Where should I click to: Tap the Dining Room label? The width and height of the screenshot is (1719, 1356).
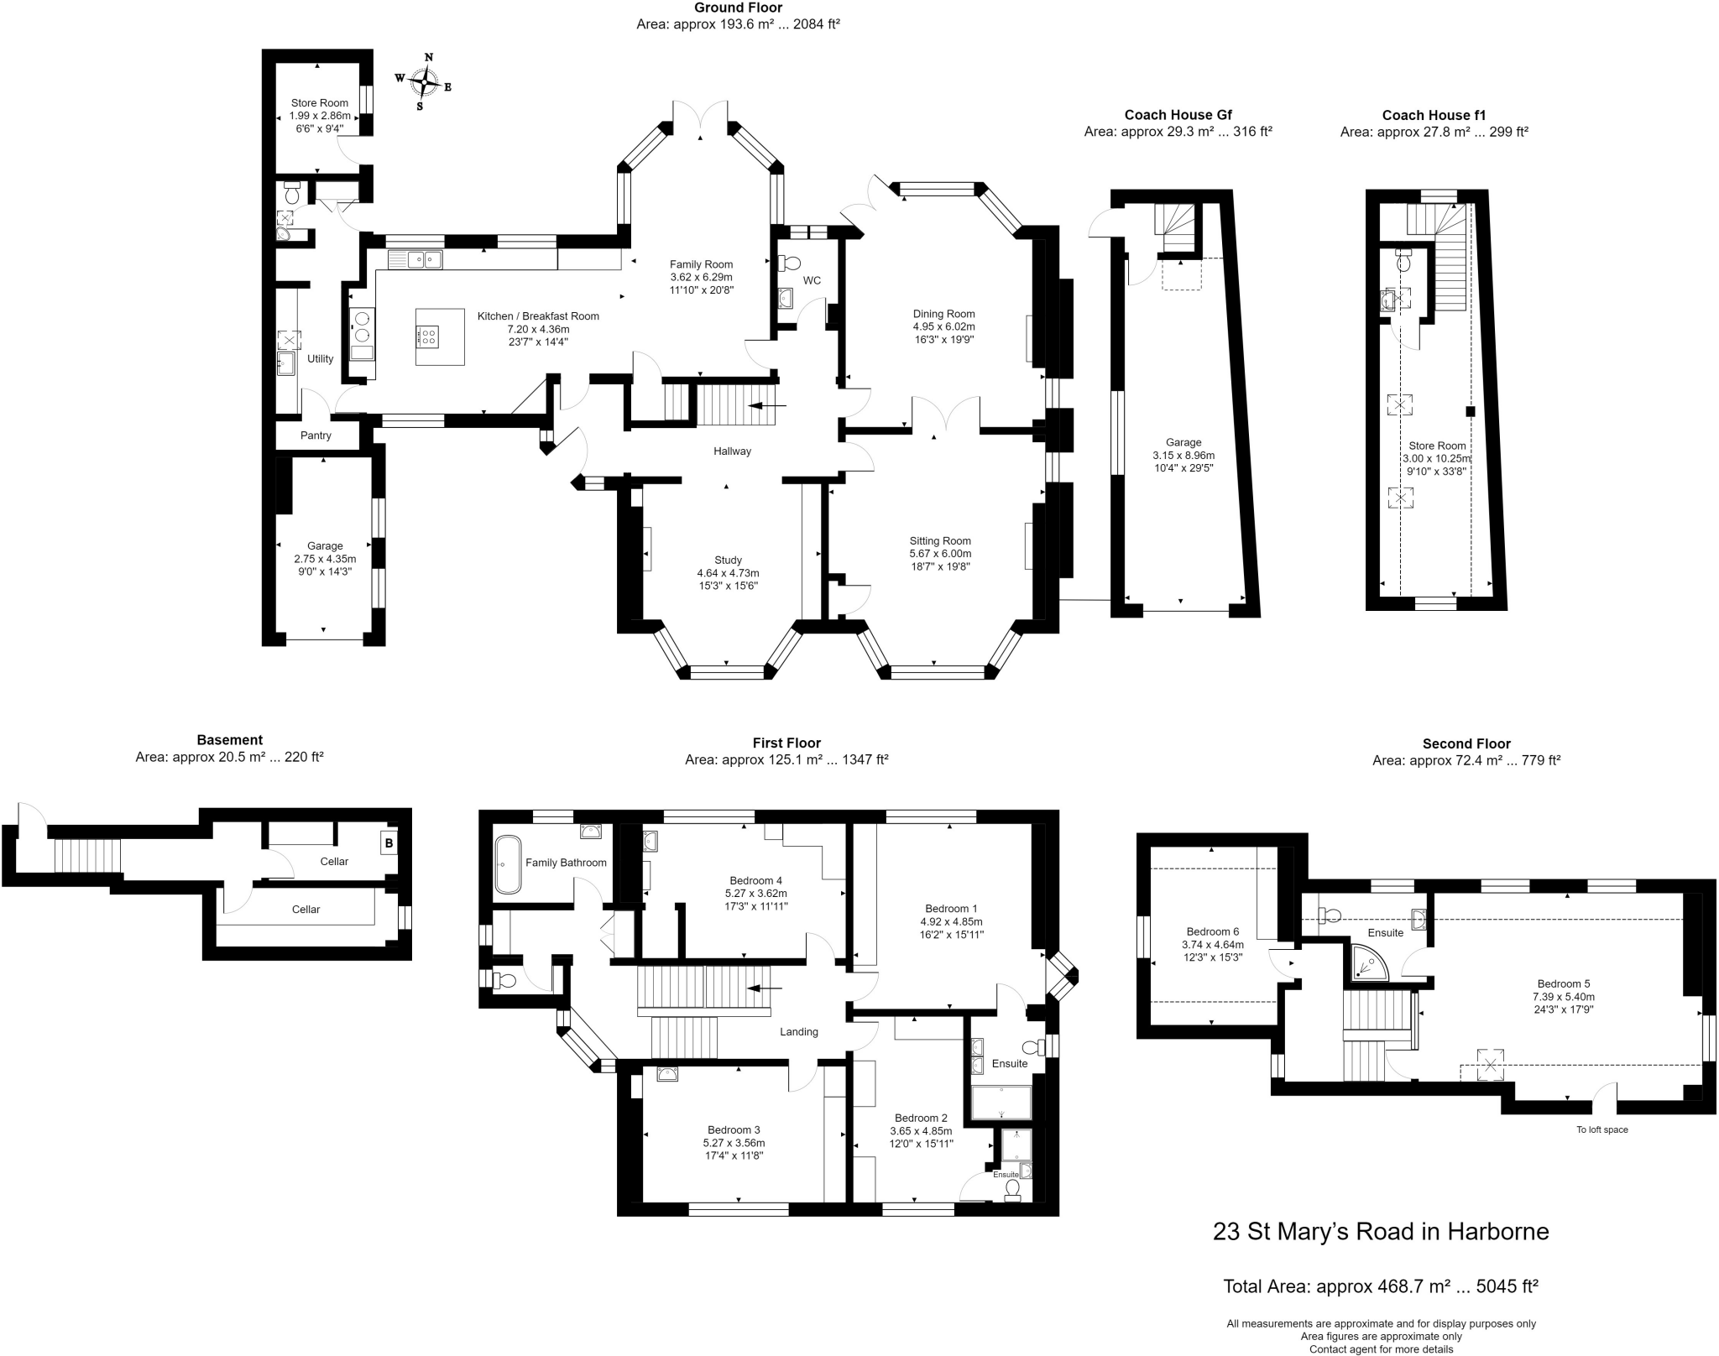pyautogui.click(x=944, y=314)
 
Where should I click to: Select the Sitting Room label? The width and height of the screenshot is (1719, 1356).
pyautogui.click(x=940, y=541)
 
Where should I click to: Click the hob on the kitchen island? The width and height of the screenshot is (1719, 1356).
pyautogui.click(x=428, y=336)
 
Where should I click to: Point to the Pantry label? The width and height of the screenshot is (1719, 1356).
pyautogui.click(x=316, y=435)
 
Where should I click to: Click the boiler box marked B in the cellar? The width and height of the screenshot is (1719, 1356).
pyautogui.click(x=389, y=842)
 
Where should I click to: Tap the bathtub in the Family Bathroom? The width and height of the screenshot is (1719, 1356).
pyautogui.click(x=507, y=863)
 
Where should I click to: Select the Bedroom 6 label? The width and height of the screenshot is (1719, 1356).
pyautogui.click(x=1212, y=931)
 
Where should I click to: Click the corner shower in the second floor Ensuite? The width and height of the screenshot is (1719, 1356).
pyautogui.click(x=1366, y=962)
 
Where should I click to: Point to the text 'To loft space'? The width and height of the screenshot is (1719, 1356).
pyautogui.click(x=1601, y=1129)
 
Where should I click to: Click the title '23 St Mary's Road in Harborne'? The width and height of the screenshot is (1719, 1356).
pyautogui.click(x=1381, y=1232)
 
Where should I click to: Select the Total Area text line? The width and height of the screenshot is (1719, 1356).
pyautogui.click(x=1381, y=1286)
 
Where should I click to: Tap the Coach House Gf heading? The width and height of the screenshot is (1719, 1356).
pyautogui.click(x=1178, y=115)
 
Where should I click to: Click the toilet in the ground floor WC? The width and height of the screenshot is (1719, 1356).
pyautogui.click(x=789, y=263)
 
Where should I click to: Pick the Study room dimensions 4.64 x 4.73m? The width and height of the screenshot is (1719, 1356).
pyautogui.click(x=728, y=573)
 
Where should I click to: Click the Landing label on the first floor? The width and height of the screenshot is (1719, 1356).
pyautogui.click(x=798, y=1032)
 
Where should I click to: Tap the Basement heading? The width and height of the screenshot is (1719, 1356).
pyautogui.click(x=229, y=740)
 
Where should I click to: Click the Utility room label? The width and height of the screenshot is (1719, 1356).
pyautogui.click(x=320, y=358)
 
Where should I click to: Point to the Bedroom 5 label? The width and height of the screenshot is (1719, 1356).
pyautogui.click(x=1563, y=984)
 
